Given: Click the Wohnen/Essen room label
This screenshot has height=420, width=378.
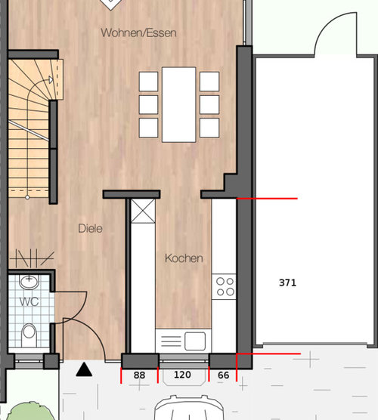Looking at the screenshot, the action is [138, 33].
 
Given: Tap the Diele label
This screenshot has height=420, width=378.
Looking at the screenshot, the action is [90, 228].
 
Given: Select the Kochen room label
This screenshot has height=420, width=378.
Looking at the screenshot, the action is [184, 258].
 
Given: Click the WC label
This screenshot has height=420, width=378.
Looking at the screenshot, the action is [29, 302].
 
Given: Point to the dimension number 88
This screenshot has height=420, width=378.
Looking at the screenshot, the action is [139, 375].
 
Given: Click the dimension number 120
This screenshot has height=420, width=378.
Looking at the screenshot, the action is [182, 375].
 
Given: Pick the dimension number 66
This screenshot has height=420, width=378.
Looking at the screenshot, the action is [223, 375].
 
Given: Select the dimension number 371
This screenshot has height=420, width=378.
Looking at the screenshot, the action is [287, 283].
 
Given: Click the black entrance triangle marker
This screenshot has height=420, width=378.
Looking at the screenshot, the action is [84, 369].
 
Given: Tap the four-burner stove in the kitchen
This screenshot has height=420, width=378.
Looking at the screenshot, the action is [224, 286].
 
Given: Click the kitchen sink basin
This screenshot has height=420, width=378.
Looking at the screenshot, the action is [195, 341].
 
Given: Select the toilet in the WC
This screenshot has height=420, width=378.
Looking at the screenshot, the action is [29, 335].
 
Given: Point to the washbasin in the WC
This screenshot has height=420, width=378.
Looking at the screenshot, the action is [29, 282].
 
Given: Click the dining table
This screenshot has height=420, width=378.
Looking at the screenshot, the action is [179, 104].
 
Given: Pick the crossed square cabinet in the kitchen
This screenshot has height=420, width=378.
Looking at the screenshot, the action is [143, 211].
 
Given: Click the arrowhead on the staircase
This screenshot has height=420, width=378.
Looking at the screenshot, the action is [51, 79].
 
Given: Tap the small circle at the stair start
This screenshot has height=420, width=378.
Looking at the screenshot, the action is [27, 197].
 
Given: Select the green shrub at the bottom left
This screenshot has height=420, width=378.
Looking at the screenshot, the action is [29, 411].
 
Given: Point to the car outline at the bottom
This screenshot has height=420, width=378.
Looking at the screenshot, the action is [189, 407].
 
